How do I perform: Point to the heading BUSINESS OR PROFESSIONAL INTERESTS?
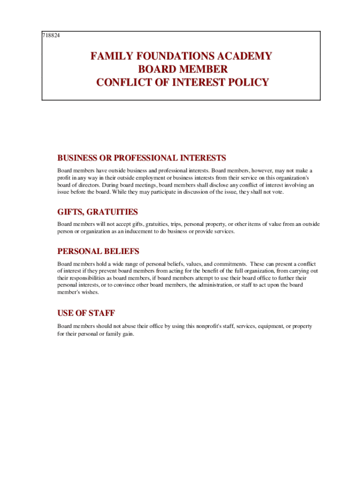coord(142,158)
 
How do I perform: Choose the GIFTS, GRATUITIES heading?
coord(97,212)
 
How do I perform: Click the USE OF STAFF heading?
coord(86,313)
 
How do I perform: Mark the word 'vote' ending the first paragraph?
coord(277,192)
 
